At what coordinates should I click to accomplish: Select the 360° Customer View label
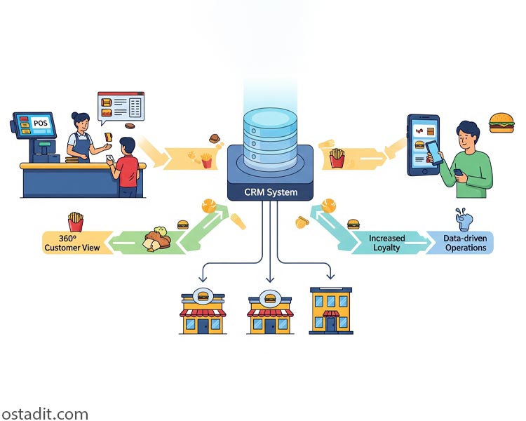pos(72,243)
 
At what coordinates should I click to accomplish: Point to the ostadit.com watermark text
pos(44,413)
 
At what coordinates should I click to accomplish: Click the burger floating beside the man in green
pos(501,121)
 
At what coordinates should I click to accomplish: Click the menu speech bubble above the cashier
pos(121,107)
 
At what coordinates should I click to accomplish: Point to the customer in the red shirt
pos(127,168)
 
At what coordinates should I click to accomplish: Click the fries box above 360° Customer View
pos(75,221)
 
